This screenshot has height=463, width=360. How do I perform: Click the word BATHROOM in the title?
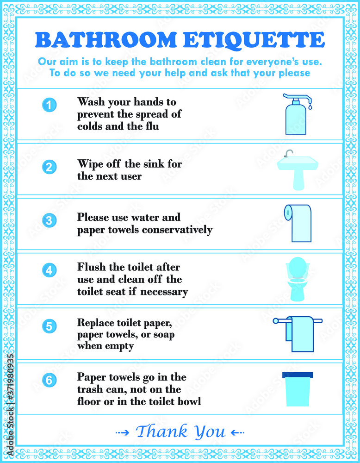[x=106, y=40]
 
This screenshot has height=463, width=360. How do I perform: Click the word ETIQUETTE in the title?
[x=254, y=40]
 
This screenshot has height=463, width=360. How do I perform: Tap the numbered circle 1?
[x=49, y=105]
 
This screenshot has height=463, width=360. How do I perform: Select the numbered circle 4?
[x=49, y=270]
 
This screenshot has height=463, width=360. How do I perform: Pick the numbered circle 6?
[x=49, y=380]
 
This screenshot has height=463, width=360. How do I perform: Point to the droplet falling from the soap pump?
[x=310, y=106]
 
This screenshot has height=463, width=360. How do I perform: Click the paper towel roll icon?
[x=298, y=223]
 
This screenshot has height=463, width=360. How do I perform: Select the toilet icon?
[x=298, y=279]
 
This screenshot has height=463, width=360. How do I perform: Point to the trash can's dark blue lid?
[x=298, y=375]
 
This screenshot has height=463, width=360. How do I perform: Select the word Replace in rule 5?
[x=96, y=323]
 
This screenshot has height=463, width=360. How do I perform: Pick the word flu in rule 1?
[x=152, y=126]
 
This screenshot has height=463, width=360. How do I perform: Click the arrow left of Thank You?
[x=123, y=433]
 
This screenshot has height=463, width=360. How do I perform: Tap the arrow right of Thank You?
[x=237, y=433]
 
